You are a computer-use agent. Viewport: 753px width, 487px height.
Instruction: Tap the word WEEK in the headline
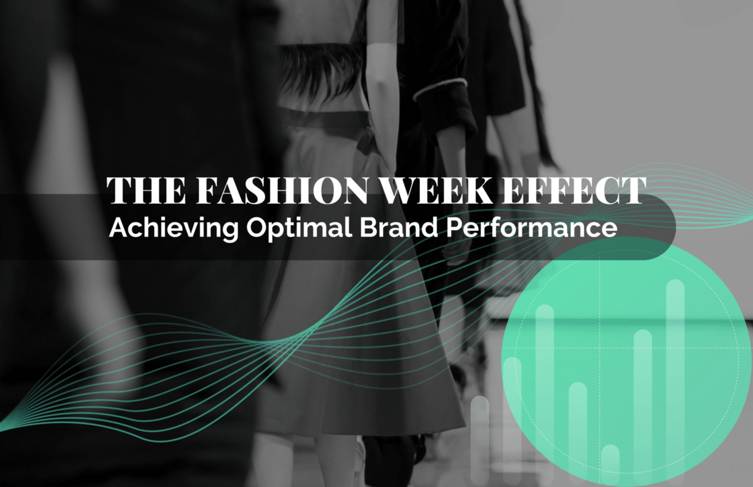426,191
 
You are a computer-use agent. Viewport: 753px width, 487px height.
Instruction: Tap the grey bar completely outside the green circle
480,438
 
